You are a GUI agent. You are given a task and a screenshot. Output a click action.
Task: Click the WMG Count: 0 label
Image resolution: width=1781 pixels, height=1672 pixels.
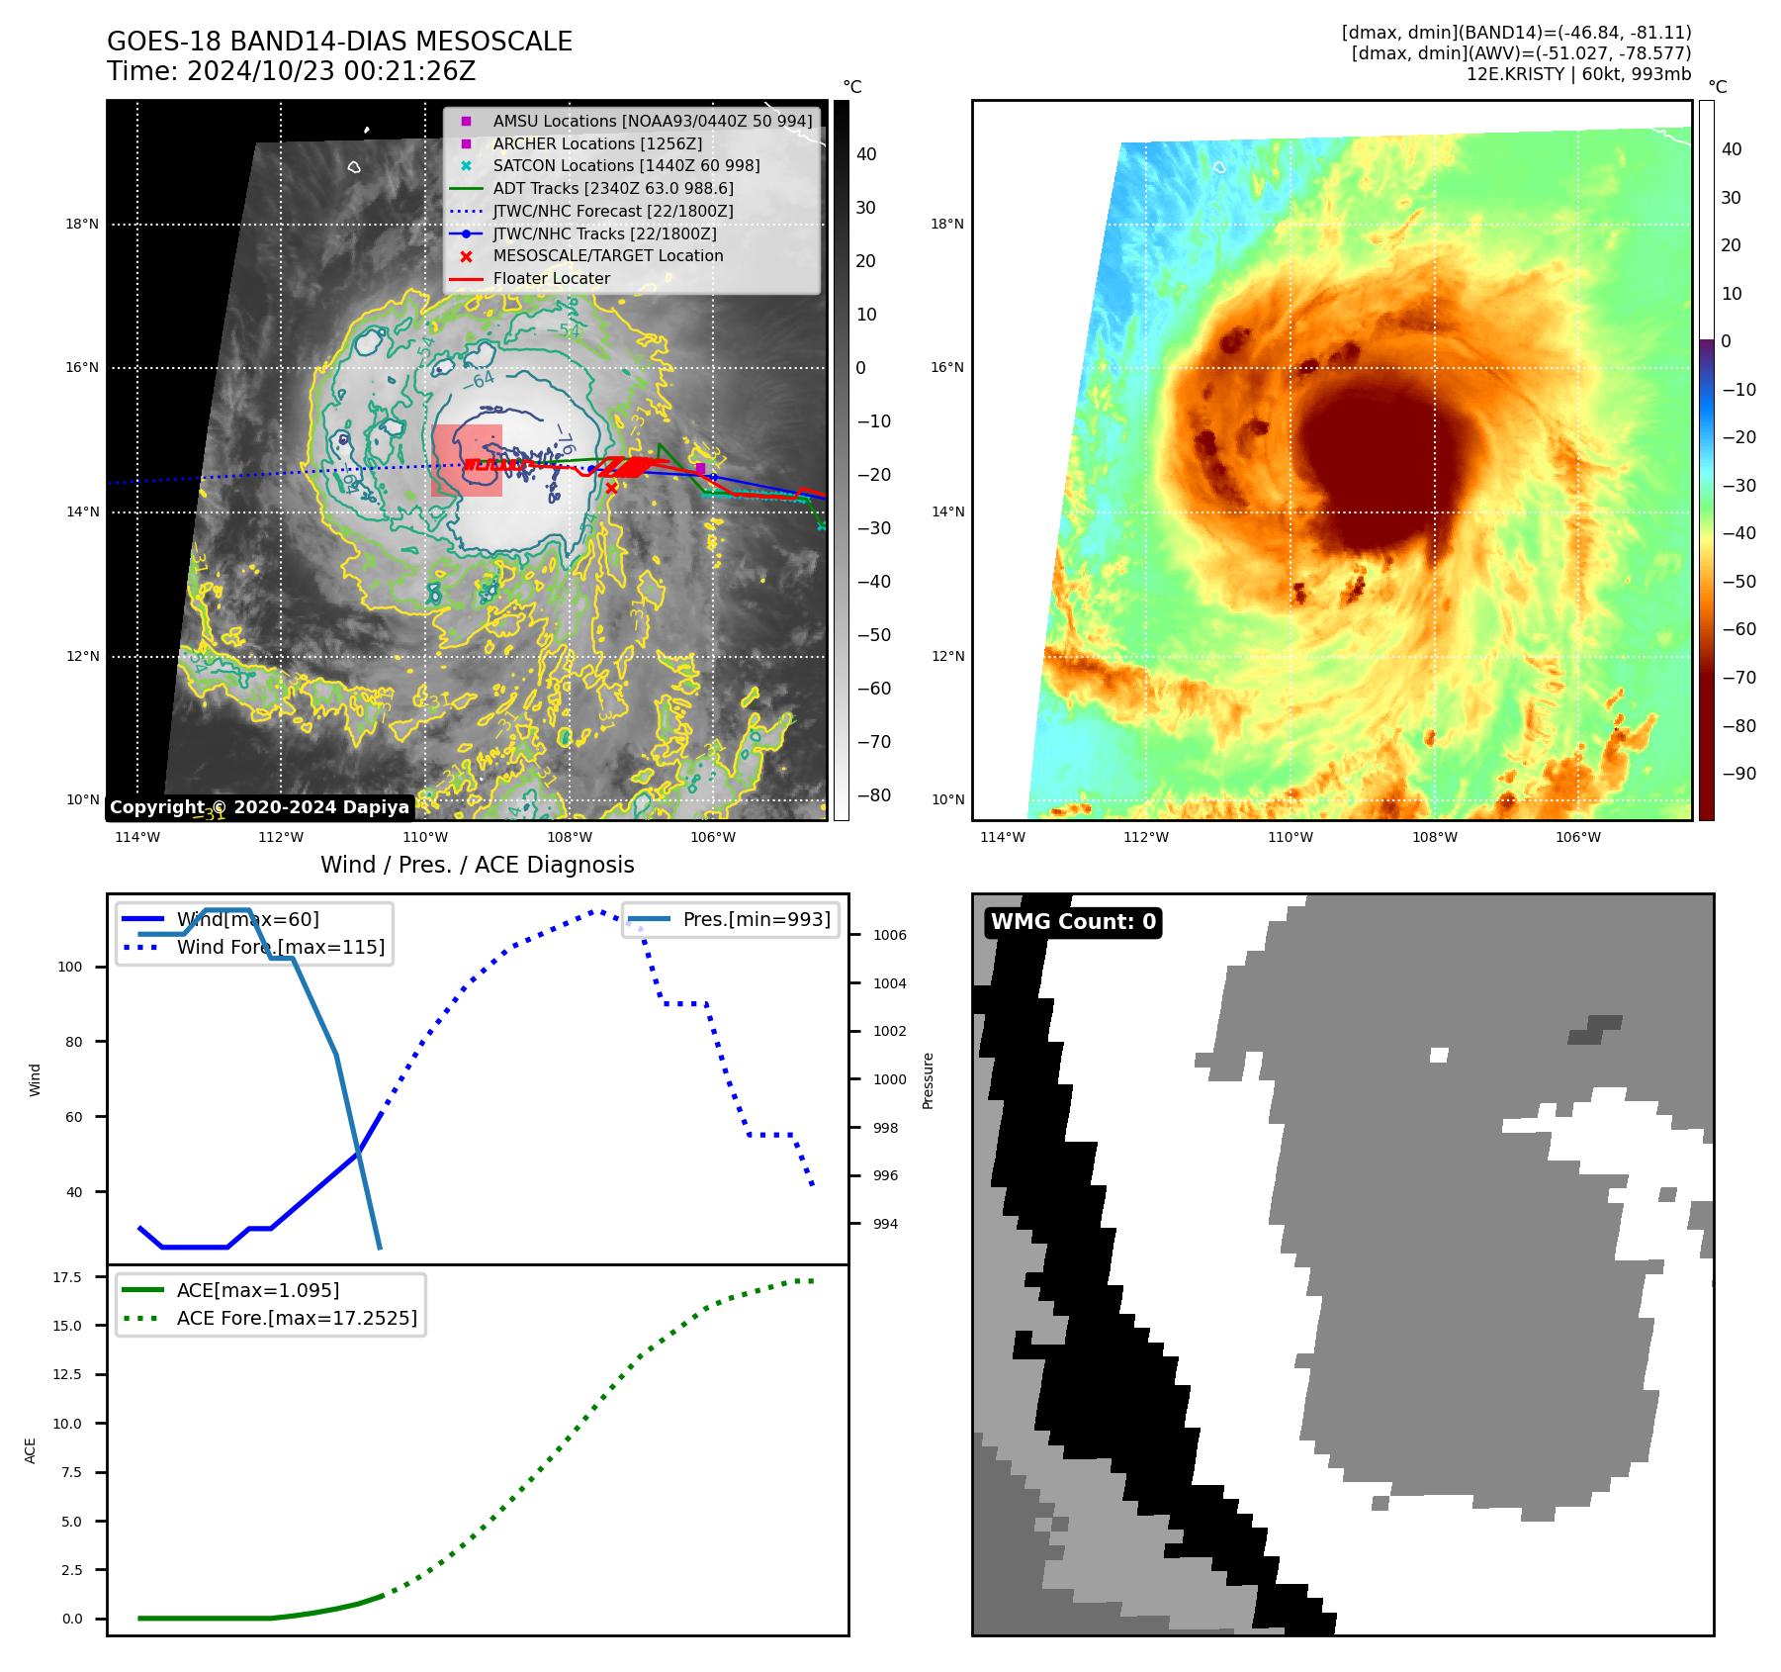[x=1073, y=922]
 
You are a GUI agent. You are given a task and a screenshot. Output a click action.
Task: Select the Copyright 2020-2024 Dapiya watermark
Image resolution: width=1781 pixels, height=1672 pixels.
[x=259, y=807]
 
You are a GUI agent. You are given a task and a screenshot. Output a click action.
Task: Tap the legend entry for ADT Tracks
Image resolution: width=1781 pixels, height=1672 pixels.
[x=612, y=188]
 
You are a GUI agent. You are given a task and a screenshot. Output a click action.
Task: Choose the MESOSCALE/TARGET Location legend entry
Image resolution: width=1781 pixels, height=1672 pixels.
[x=607, y=255]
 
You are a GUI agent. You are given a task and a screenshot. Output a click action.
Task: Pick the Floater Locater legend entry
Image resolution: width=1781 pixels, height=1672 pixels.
[x=551, y=278]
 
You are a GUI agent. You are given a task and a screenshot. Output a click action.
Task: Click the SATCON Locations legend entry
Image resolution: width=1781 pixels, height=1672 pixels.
[x=626, y=165]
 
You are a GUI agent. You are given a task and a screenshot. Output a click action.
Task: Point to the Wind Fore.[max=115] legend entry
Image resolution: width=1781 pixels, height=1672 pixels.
[x=280, y=947]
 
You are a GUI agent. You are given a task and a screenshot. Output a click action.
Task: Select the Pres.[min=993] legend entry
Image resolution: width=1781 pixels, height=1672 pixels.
[x=756, y=919]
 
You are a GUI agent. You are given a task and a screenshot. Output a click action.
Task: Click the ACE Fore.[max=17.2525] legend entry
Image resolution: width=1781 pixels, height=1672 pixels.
[x=296, y=1318]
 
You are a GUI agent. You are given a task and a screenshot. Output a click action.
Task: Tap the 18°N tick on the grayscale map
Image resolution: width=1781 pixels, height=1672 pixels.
[x=82, y=224]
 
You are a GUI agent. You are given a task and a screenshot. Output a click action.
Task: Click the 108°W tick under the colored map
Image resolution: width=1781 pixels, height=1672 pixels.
[x=1434, y=837]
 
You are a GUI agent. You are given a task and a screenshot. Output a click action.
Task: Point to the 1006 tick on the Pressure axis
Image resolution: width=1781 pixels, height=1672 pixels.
[x=889, y=935]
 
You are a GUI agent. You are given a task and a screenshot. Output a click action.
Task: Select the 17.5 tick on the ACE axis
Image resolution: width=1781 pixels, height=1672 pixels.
[x=67, y=1277]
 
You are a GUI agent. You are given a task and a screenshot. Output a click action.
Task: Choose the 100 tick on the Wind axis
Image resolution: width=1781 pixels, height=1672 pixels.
[x=70, y=967]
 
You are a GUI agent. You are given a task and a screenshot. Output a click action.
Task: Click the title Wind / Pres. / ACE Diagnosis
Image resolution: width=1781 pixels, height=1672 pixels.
[x=477, y=865]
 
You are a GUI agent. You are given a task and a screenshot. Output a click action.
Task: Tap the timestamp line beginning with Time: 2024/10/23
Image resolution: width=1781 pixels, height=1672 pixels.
[x=291, y=71]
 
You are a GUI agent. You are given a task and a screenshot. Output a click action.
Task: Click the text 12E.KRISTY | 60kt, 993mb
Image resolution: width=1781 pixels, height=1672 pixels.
[x=1578, y=74]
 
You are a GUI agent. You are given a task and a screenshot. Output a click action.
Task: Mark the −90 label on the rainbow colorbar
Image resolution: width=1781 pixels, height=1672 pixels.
[x=1738, y=774]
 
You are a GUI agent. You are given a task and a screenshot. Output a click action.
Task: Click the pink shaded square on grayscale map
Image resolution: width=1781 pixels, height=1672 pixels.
[x=467, y=460]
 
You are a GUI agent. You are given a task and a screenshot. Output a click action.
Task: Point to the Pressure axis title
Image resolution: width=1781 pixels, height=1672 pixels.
[x=928, y=1080]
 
